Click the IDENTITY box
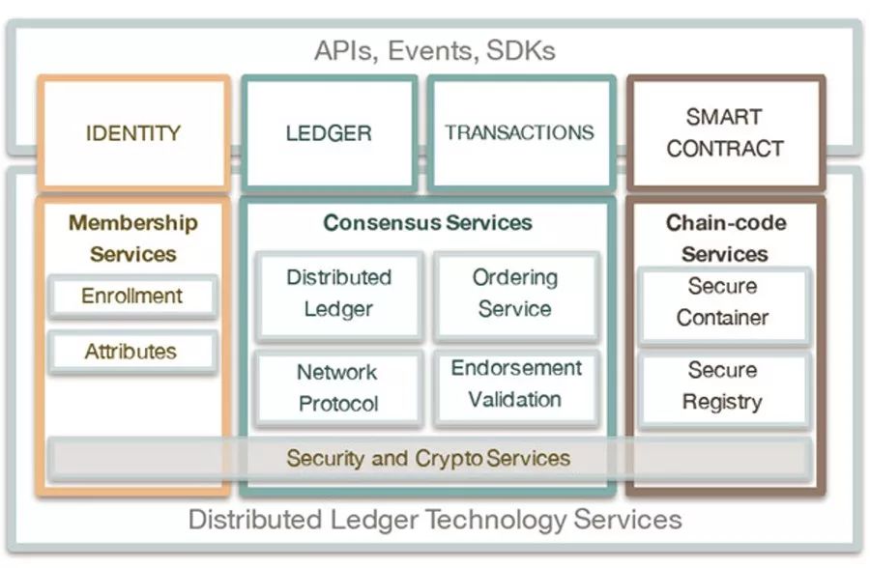[133, 132]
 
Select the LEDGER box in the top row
[329, 132]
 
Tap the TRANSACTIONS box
[520, 132]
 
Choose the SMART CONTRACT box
[725, 132]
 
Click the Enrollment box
[132, 296]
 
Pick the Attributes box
[132, 352]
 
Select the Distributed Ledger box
[338, 294]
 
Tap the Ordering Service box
[515, 294]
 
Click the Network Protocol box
[338, 387]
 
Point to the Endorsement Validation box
[515, 384]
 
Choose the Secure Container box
[723, 302]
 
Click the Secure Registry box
[723, 386]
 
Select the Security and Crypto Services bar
[428, 458]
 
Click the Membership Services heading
[133, 239]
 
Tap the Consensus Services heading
[427, 223]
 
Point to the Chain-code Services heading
[725, 239]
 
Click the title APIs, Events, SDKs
[435, 50]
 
